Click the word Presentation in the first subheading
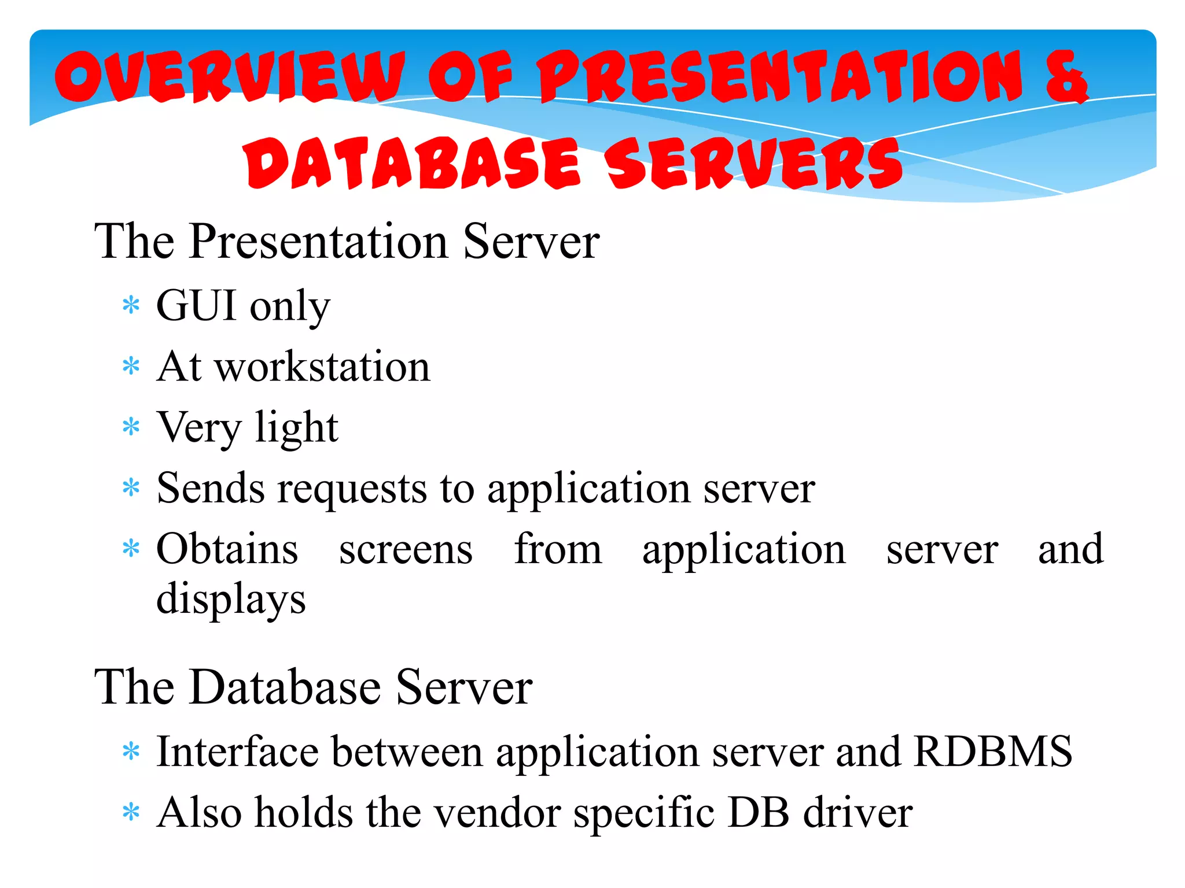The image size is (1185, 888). pyautogui.click(x=318, y=242)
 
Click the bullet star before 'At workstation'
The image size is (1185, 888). pyautogui.click(x=131, y=367)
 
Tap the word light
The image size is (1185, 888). pyautogui.click(x=296, y=428)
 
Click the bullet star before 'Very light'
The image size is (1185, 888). pyautogui.click(x=131, y=428)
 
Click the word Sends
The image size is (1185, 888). pyautogui.click(x=211, y=489)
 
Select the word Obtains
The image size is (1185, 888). pyautogui.click(x=227, y=549)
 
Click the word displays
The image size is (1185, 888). pyautogui.click(x=231, y=600)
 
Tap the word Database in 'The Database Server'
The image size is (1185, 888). pyautogui.click(x=285, y=687)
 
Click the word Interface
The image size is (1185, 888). pyautogui.click(x=237, y=752)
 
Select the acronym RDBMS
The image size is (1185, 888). pyautogui.click(x=993, y=752)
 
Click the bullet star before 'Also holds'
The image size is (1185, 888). pyautogui.click(x=131, y=813)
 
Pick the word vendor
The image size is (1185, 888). pyautogui.click(x=497, y=813)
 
